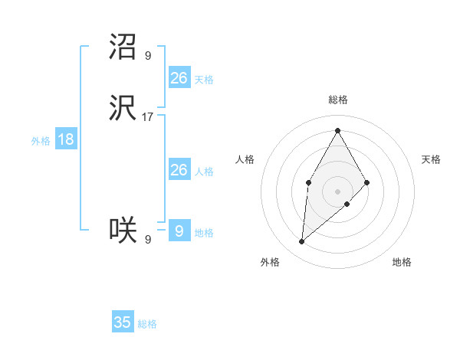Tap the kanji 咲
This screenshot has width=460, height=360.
[123, 229]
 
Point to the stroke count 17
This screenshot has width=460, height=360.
[148, 117]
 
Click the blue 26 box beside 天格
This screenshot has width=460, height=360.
[179, 77]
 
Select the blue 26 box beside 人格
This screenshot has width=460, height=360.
[179, 170]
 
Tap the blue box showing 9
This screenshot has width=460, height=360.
[179, 231]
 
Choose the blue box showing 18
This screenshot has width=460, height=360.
[65, 139]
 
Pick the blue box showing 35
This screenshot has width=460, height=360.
[123, 322]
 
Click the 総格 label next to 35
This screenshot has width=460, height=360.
[147, 324]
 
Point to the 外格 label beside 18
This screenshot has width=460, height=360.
[41, 141]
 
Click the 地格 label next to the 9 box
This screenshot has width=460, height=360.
[204, 232]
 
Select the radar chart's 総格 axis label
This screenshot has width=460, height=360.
[337, 100]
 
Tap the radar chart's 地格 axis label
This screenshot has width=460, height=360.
[402, 262]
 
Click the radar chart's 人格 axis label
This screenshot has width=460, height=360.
[245, 159]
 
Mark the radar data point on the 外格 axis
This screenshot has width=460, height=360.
[301, 242]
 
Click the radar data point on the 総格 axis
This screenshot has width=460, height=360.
[337, 130]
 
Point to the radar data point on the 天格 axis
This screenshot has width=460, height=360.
[367, 182]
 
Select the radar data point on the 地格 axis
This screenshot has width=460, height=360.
[347, 204]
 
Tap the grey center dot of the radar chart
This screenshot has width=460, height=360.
[337, 191]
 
